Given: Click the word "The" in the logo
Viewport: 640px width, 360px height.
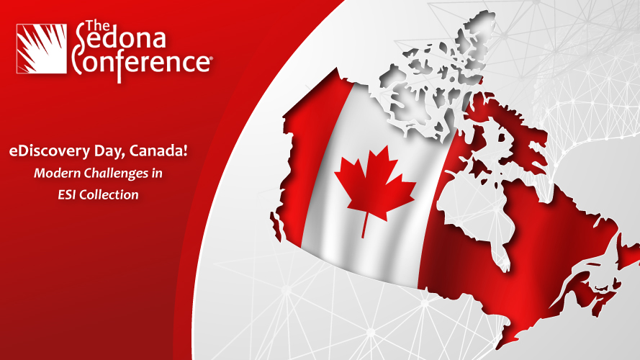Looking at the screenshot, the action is (x=98, y=26).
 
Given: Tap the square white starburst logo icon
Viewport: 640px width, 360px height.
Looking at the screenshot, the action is (x=41, y=48).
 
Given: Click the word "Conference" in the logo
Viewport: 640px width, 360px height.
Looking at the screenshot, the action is (x=141, y=61).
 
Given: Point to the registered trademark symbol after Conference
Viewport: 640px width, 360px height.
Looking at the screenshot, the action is (x=211, y=59).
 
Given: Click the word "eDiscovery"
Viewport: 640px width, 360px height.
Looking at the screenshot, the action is (x=50, y=151).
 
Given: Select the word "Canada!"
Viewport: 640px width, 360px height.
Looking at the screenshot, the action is (x=158, y=150).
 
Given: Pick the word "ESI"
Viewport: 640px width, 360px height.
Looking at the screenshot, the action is (x=67, y=194).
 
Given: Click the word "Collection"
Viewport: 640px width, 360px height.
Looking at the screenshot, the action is (x=109, y=194).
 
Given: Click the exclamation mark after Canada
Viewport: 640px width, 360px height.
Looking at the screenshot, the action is (x=185, y=150).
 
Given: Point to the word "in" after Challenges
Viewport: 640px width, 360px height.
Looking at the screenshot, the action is (x=157, y=173).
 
